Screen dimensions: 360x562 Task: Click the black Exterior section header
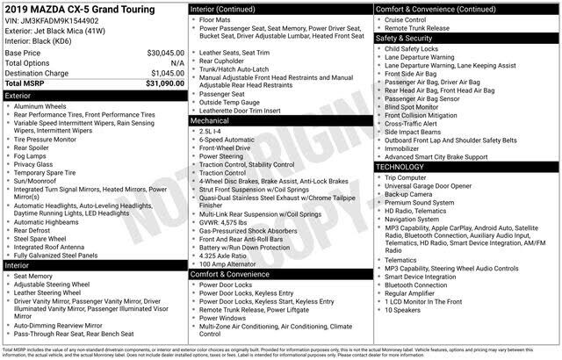click(93, 95)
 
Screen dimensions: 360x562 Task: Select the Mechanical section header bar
click(279, 121)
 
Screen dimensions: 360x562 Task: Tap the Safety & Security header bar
click(465, 39)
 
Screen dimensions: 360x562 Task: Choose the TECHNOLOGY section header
click(465, 167)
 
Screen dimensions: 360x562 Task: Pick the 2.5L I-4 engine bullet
click(215, 131)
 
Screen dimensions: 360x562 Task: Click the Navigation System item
click(418, 218)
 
